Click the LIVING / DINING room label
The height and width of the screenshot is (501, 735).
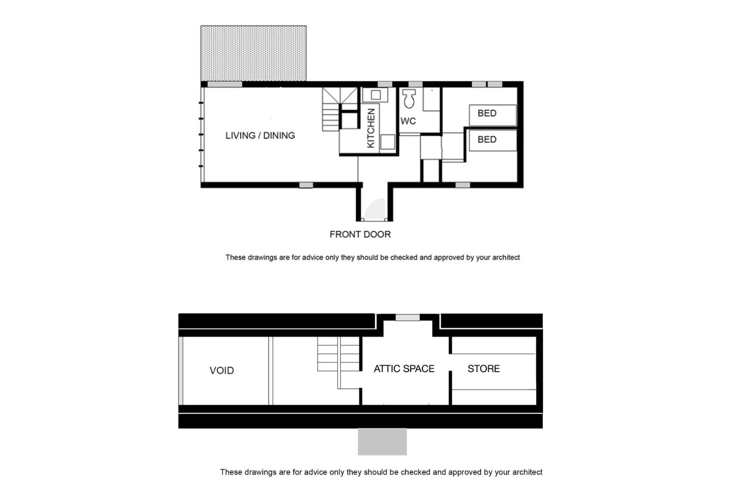(x=260, y=135)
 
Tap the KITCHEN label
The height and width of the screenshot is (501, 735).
(x=371, y=128)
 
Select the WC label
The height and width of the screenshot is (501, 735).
(x=408, y=121)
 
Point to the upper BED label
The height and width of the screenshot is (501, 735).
(x=487, y=113)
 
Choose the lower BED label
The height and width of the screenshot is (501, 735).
(x=487, y=140)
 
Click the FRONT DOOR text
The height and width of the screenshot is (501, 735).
(x=360, y=234)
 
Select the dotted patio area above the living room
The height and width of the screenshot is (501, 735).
(x=253, y=53)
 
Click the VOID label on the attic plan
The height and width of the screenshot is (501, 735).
(x=221, y=371)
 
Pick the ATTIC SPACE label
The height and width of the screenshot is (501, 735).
(x=404, y=369)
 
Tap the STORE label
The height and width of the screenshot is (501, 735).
(x=483, y=369)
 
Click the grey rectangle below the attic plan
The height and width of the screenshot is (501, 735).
(x=382, y=442)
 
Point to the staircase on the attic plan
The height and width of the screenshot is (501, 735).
(x=338, y=355)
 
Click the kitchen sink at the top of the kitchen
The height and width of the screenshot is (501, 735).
(x=376, y=95)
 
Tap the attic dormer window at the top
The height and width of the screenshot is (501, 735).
(x=408, y=318)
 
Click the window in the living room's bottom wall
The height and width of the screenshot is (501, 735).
(x=306, y=185)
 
